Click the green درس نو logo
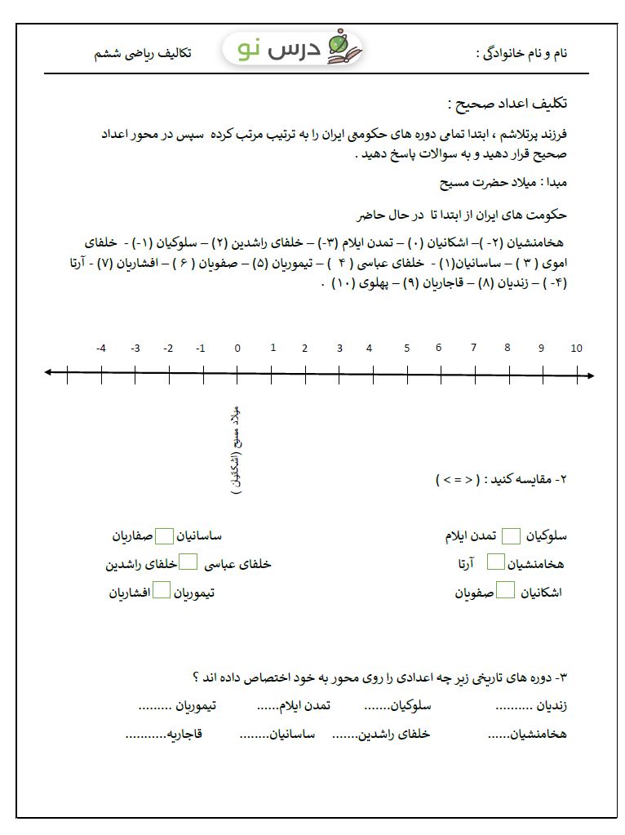[294, 50]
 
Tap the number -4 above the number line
[100, 349]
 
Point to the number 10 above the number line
[576, 349]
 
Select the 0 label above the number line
[237, 349]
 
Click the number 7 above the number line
[473, 348]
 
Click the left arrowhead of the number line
[49, 373]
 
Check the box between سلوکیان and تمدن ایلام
[511, 536]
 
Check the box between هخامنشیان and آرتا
[495, 562]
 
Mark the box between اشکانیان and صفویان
[506, 590]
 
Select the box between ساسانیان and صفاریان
[165, 536]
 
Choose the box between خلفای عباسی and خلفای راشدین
[188, 562]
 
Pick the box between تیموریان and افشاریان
[162, 590]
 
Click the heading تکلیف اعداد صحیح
[508, 104]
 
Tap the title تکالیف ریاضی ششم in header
[142, 53]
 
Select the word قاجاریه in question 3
[185, 734]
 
